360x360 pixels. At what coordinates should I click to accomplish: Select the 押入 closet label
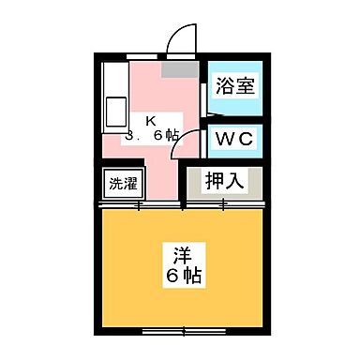pyautogui.click(x=225, y=180)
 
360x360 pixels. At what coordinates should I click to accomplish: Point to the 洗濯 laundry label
pyautogui.click(x=120, y=183)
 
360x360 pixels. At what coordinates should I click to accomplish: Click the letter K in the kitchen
pyautogui.click(x=150, y=119)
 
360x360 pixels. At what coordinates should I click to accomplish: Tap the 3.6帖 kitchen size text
pyautogui.click(x=152, y=135)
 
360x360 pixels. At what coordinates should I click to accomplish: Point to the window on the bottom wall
pyautogui.click(x=182, y=331)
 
